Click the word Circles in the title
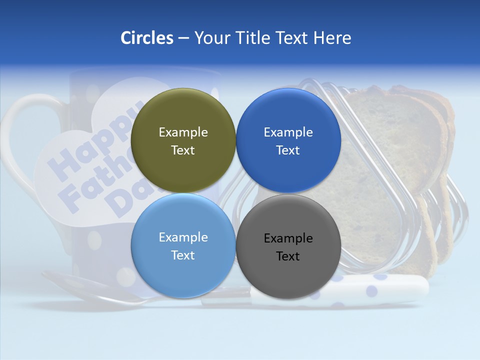click(x=146, y=37)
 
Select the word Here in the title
click(x=332, y=37)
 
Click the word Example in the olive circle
click(x=183, y=132)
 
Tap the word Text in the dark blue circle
click(x=288, y=150)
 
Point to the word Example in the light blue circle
click(x=183, y=237)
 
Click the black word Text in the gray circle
click(x=288, y=256)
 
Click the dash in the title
click(x=183, y=38)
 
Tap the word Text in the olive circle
click(x=183, y=150)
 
